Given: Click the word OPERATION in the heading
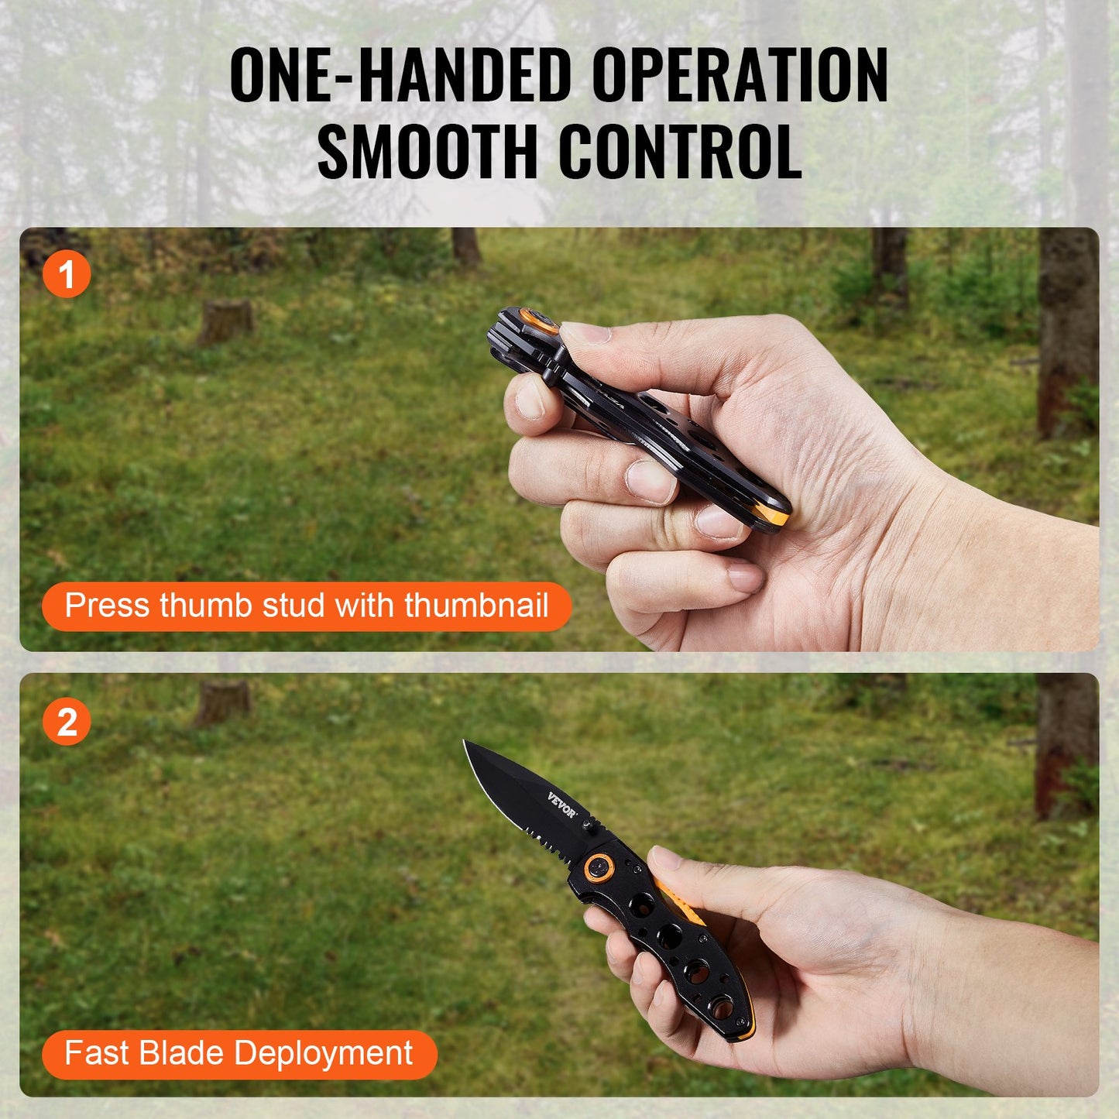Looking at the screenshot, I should tap(740, 75).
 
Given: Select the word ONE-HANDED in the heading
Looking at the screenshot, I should tap(400, 75).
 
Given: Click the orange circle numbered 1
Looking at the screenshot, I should tap(67, 274).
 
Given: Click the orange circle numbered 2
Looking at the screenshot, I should tap(67, 723).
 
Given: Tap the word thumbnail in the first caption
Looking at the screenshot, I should tap(476, 605).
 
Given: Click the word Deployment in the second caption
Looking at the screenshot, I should tap(323, 1053).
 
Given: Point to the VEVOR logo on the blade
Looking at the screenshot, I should tap(562, 805).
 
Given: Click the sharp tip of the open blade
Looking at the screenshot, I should tap(465, 743).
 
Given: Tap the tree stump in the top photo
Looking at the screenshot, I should tap(225, 321).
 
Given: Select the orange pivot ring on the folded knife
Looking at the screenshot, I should tap(537, 319).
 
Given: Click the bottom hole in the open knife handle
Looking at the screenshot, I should tap(723, 1007).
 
